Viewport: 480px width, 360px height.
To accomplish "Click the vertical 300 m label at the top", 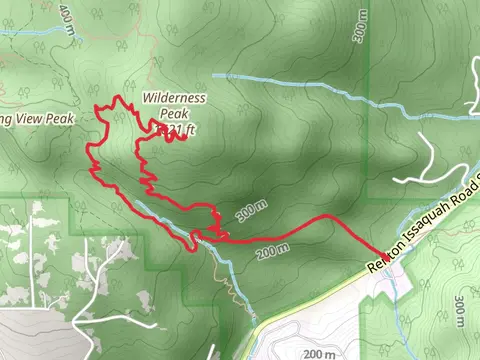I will [x=361, y=29].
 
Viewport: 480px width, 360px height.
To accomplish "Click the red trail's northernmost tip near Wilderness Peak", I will [x=121, y=98].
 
